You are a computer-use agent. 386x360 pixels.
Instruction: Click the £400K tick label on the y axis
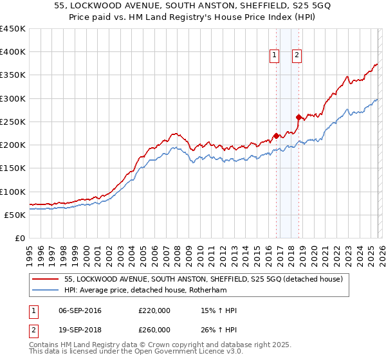point(13,52)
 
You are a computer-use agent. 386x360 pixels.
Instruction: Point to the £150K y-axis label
point(13,168)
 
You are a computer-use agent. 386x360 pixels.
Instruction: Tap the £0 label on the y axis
point(19,239)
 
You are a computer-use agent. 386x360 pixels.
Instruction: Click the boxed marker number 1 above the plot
point(274,56)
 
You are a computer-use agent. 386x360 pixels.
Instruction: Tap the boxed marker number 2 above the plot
point(297,56)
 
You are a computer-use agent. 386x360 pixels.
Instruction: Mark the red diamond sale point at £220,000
point(276,136)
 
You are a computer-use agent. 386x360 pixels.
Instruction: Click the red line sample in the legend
point(46,280)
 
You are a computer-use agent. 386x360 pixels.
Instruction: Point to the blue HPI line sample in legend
point(46,291)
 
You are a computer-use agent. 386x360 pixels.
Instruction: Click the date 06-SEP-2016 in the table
point(80,311)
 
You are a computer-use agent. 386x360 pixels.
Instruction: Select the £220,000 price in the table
point(154,311)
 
